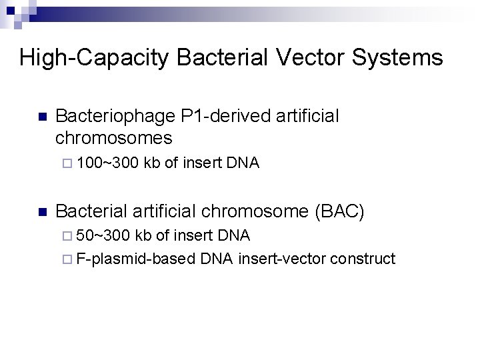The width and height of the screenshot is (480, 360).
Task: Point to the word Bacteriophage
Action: coord(117,117)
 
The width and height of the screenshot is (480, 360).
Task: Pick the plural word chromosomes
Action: coord(114,138)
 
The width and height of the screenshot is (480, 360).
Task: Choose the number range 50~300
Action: coord(103,235)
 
